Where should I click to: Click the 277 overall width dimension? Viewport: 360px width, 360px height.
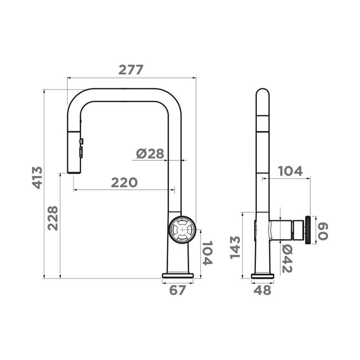[131, 70]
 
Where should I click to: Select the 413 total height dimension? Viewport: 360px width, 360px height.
[37, 178]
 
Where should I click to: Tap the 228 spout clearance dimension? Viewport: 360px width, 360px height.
[53, 218]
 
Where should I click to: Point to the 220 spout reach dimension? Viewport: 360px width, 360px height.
[124, 182]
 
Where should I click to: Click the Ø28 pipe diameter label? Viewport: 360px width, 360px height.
[150, 154]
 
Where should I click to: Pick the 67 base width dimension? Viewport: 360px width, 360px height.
[177, 290]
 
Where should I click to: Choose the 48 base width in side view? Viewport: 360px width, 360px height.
[262, 290]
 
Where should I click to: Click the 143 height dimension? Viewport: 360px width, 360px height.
[235, 247]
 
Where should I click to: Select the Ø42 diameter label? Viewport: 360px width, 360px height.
[287, 258]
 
